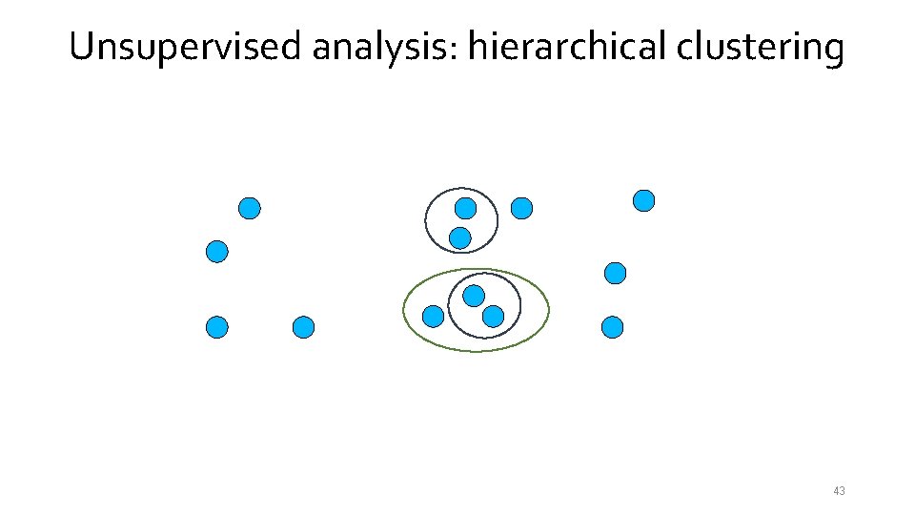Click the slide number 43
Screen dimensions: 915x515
(x=839, y=491)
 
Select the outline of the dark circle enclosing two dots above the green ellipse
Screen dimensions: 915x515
(x=426, y=220)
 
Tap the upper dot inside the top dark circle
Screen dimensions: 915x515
(x=465, y=208)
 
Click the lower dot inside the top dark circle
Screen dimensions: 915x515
(x=460, y=237)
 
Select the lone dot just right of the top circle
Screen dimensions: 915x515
(x=521, y=208)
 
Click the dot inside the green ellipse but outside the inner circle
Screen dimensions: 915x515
(x=433, y=316)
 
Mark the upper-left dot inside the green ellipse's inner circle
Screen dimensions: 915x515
(x=474, y=296)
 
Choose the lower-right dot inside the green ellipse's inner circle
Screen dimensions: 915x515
(x=493, y=316)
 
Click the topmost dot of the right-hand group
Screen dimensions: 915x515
(x=644, y=200)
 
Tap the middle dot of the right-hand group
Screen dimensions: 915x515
(x=616, y=274)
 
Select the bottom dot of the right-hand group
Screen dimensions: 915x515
(x=613, y=328)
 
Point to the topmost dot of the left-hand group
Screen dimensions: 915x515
(x=250, y=208)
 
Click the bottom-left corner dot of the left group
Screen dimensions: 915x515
(x=217, y=328)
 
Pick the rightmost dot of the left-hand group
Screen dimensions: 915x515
(x=303, y=328)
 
